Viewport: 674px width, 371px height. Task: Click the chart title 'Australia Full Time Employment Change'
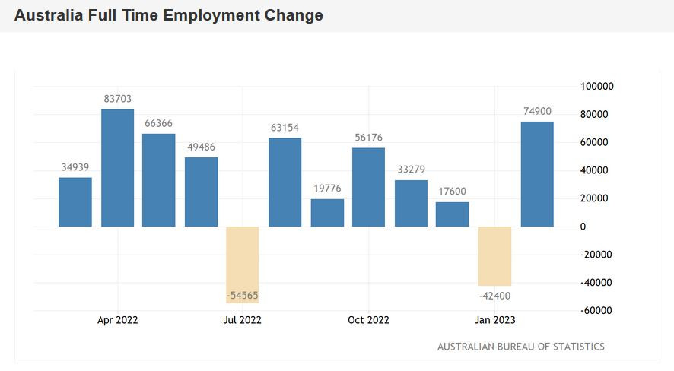[168, 15]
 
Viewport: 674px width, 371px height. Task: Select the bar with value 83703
[118, 167]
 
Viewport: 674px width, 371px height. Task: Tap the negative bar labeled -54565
[243, 265]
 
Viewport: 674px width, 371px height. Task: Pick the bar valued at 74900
[537, 174]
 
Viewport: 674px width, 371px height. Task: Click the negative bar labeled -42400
[494, 256]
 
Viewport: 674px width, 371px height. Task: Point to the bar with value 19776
[327, 213]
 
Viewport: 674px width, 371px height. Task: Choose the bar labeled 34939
[75, 202]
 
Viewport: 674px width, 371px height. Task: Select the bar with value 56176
[368, 187]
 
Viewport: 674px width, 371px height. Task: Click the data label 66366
[159, 124]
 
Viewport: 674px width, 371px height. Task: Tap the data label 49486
[201, 147]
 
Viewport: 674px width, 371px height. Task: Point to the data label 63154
[285, 128]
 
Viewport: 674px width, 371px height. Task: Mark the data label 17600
[452, 192]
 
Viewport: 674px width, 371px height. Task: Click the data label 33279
[411, 170]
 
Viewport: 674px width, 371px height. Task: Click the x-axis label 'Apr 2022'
[118, 320]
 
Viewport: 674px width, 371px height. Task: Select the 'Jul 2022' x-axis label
[243, 320]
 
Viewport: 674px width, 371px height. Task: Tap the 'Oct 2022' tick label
[368, 320]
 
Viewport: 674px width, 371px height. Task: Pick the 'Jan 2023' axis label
[494, 320]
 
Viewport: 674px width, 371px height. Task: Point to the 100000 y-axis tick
[596, 87]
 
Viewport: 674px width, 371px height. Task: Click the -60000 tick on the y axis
[596, 310]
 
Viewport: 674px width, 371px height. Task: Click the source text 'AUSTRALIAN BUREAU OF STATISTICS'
[521, 347]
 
